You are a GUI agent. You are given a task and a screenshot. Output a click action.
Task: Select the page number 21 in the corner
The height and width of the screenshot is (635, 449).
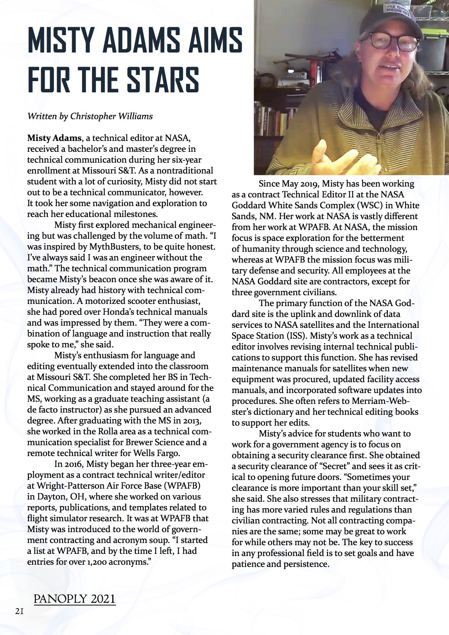[19, 611]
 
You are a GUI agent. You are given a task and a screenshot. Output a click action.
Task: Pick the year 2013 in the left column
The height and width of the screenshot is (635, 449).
[190, 421]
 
